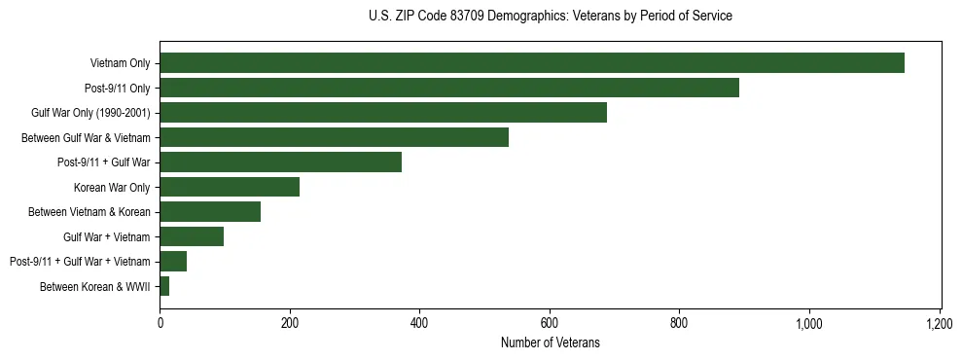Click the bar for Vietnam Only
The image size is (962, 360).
pos(532,63)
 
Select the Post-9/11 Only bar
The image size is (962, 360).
pos(449,88)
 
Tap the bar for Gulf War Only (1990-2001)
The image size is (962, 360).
pos(383,113)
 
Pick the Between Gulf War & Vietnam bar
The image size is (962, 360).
pos(334,137)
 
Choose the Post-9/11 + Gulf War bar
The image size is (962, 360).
pos(280,162)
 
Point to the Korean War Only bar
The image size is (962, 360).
pos(230,187)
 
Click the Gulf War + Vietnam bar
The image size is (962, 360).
pos(192,236)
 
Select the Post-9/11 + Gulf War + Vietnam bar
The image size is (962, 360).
pos(173,261)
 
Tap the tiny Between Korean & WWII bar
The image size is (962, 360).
pos(164,286)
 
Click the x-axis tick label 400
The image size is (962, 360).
pos(419,323)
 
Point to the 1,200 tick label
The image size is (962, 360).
pos(939,323)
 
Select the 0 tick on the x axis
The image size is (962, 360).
pos(160,323)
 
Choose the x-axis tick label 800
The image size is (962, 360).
pos(679,323)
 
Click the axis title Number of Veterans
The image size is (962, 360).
pos(550,342)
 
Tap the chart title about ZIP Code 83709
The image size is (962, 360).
pos(550,17)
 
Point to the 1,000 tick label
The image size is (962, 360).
pos(809,323)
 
